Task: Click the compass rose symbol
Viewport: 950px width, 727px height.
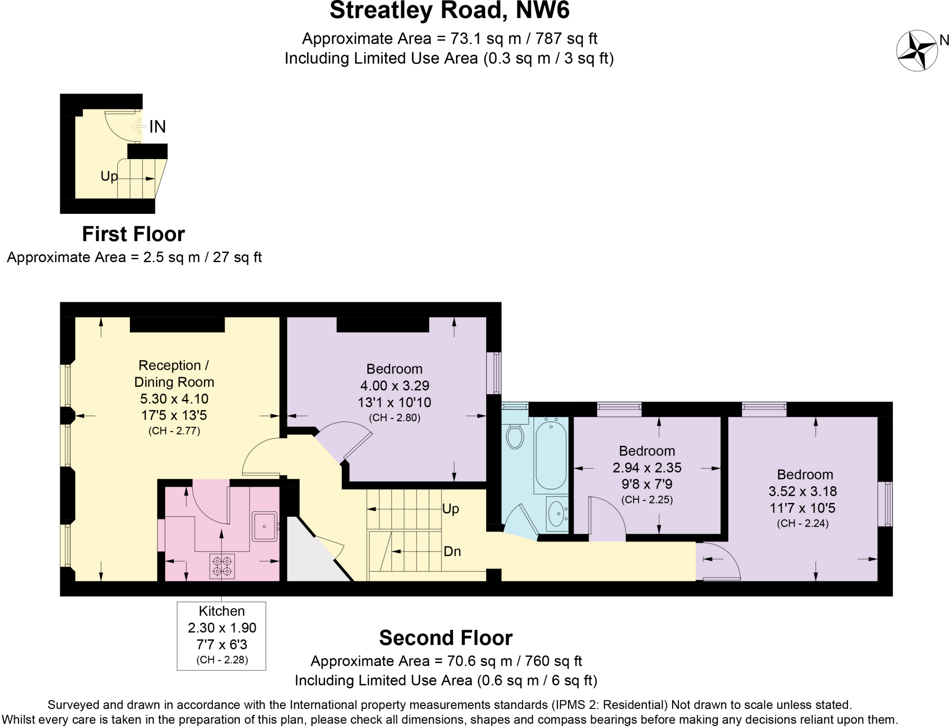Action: pos(916,51)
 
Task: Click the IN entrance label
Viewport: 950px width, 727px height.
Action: pos(157,127)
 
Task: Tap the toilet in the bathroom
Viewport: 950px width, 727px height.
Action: pos(515,436)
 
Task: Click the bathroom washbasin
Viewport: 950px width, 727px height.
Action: pos(556,514)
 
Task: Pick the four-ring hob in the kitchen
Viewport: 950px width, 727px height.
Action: pos(222,566)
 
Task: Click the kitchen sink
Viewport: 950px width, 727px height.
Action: pos(264,526)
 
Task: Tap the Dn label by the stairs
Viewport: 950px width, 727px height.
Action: pos(452,551)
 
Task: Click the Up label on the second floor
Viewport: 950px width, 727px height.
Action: pos(450,509)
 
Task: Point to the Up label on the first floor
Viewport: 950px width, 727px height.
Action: pos(109,176)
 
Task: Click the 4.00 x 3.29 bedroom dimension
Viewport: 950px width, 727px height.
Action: pos(395,386)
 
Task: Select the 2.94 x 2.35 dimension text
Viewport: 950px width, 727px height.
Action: pos(647,468)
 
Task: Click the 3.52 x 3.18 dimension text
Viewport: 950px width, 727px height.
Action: pos(802,491)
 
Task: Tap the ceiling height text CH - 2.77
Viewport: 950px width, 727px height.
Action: pos(174,431)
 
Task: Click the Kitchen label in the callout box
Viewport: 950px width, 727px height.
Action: pos(221,611)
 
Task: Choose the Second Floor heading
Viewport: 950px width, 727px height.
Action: pos(445,638)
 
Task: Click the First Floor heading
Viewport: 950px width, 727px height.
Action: pos(133,234)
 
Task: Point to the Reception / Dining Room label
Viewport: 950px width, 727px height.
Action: pos(174,373)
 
